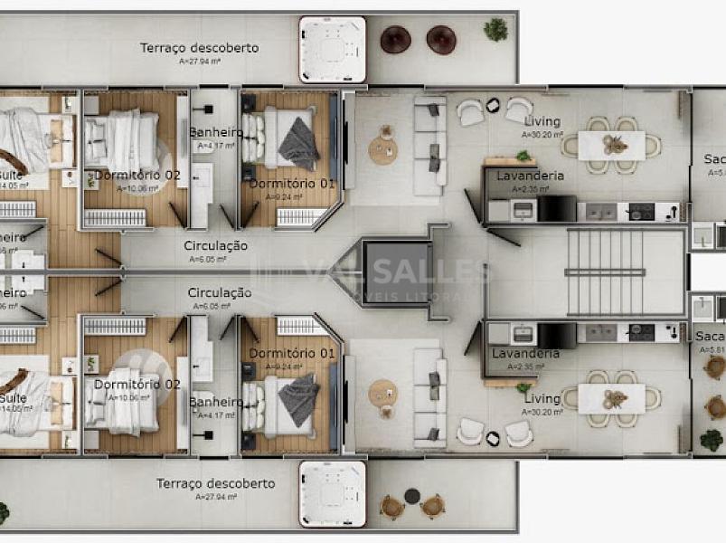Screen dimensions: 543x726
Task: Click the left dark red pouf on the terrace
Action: [395, 39]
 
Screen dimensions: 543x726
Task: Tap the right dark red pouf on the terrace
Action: [440, 39]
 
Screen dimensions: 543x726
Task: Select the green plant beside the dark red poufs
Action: [495, 30]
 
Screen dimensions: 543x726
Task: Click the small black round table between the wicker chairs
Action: [412, 496]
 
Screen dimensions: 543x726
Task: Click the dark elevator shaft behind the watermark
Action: [395, 271]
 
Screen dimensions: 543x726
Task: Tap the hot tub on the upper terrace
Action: [332, 49]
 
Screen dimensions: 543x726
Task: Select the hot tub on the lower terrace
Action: [332, 493]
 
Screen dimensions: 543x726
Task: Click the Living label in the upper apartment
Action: [542, 121]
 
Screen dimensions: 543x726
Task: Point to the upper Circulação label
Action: [215, 245]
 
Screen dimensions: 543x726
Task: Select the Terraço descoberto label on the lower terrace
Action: [215, 483]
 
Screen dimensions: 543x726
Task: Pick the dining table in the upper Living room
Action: [612, 145]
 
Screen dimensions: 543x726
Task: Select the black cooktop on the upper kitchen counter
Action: [641, 211]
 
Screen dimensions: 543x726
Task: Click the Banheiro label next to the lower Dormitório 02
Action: [216, 401]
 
